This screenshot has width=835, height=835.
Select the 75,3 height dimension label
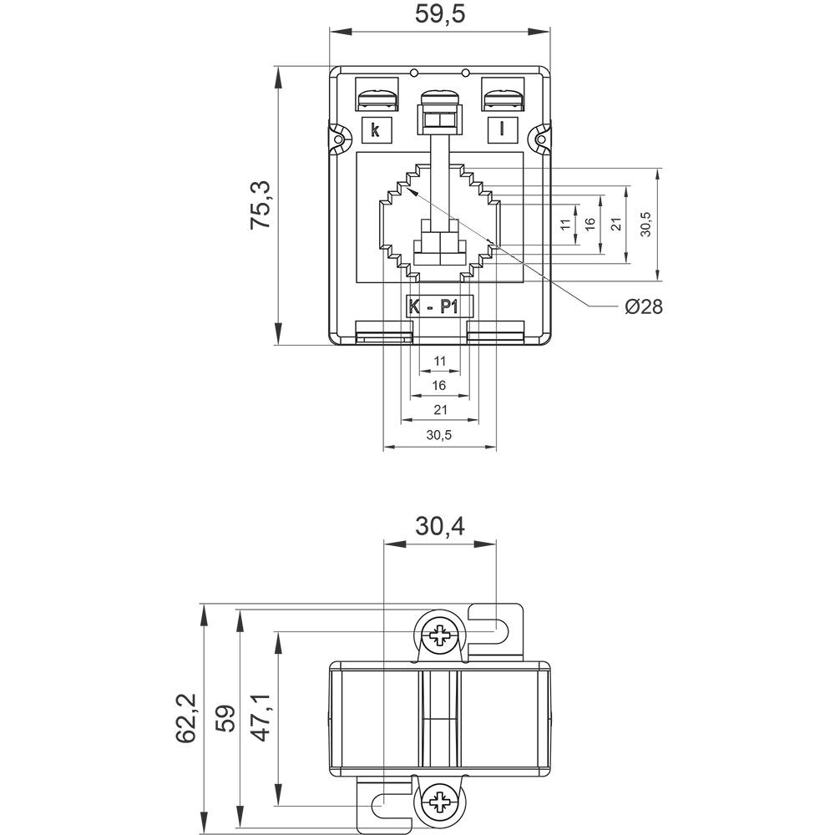[261, 206]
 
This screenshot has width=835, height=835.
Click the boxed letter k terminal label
[376, 129]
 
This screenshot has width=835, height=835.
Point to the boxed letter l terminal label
[501, 129]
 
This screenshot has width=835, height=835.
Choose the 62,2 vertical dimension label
[185, 716]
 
